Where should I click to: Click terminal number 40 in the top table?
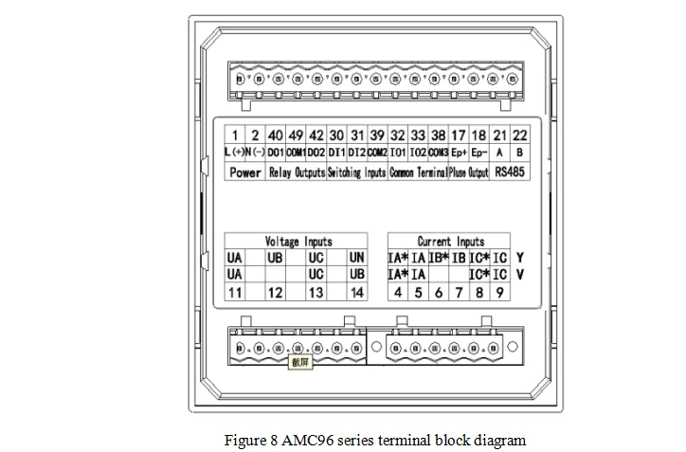[x=276, y=136]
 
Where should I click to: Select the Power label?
[x=245, y=172]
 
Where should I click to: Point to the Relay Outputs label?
[x=297, y=172]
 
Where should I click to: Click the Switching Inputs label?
[x=357, y=172]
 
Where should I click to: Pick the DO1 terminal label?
[x=276, y=153]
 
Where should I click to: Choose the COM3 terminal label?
[x=438, y=153]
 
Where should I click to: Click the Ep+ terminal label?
[x=460, y=153]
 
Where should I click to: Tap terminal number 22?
[x=520, y=136]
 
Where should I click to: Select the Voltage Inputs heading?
[x=298, y=242]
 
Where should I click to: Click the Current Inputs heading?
[x=450, y=242]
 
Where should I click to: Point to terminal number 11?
[x=235, y=293]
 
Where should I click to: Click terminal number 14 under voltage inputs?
[x=356, y=293]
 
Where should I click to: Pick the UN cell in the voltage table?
[x=356, y=258]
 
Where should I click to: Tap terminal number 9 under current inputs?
[x=499, y=293]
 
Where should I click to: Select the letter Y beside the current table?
[x=520, y=258]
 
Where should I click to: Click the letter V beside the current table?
[x=520, y=275]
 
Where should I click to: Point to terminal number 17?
[x=459, y=136]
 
